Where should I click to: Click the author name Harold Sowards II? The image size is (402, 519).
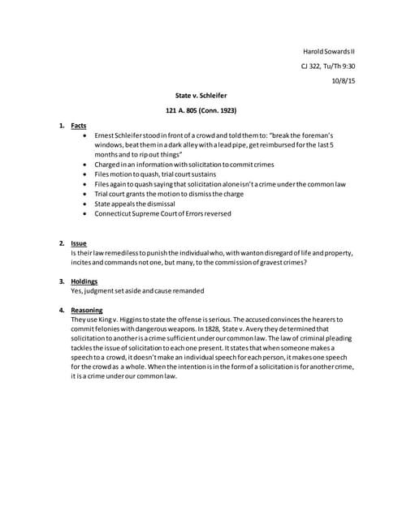[x=323, y=52]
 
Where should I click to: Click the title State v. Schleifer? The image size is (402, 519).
[x=201, y=96]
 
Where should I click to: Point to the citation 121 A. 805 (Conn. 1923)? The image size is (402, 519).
[x=201, y=110]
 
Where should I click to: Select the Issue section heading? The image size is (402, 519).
[x=79, y=242]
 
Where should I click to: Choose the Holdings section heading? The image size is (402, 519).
[x=85, y=281]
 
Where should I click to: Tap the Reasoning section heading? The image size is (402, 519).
[x=87, y=310]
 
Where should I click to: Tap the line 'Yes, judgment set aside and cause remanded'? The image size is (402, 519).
[x=137, y=290]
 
